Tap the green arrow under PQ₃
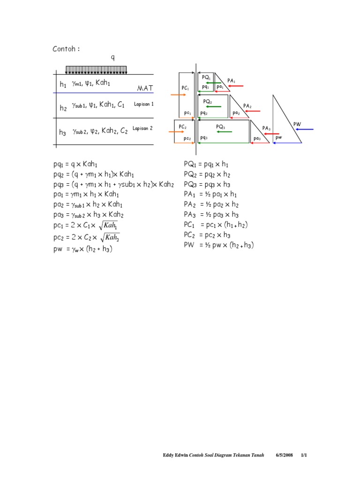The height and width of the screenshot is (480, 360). [x=224, y=132]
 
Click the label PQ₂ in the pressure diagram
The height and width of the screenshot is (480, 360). [x=207, y=101]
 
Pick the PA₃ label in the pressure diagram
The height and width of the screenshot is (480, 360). [x=266, y=128]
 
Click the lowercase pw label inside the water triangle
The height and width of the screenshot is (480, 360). [x=278, y=137]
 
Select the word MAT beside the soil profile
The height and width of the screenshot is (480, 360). [x=145, y=88]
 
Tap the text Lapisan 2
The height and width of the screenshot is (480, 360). [x=142, y=128]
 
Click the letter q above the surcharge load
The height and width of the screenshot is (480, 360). [x=112, y=58]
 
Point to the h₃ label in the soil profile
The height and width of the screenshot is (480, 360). [x=62, y=133]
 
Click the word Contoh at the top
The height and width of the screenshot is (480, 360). [x=64, y=49]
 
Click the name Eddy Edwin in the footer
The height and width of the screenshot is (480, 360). [x=174, y=455]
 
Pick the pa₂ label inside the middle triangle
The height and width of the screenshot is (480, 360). [x=236, y=113]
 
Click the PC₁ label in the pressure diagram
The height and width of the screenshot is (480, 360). [x=185, y=88]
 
